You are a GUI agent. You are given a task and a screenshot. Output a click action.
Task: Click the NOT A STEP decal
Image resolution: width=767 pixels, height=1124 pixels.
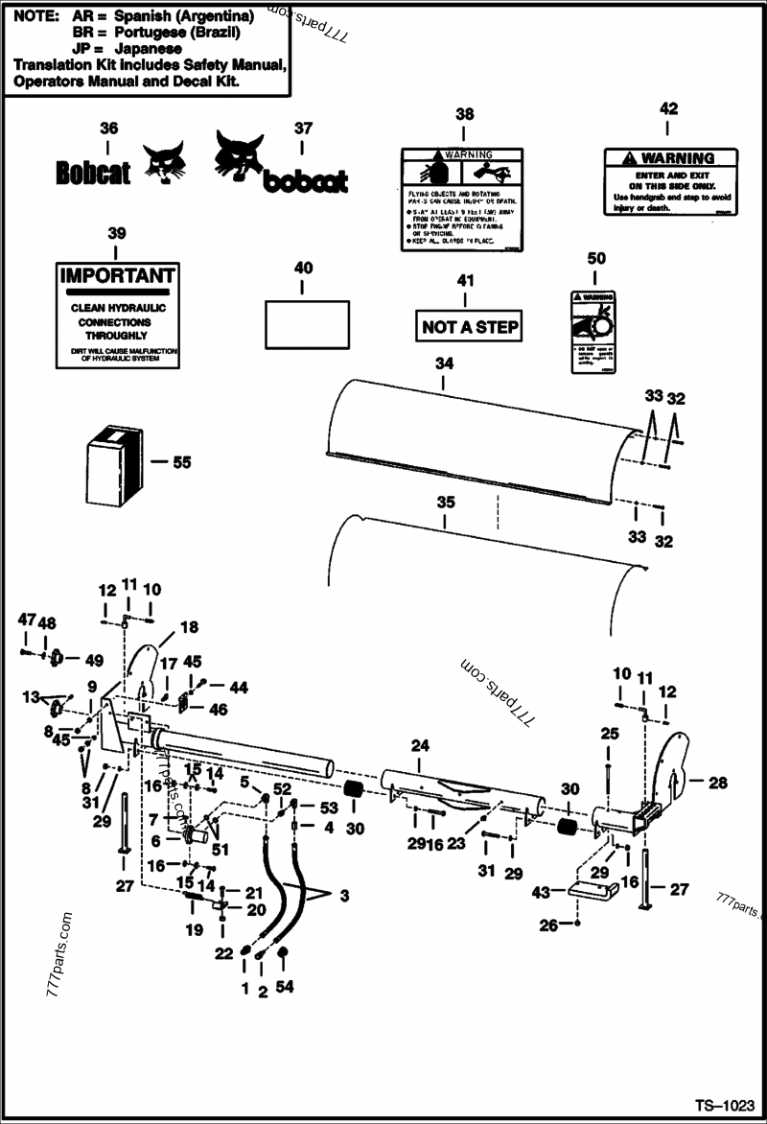[x=470, y=327]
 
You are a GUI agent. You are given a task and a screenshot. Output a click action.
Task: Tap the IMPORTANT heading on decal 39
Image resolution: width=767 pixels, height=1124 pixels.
[x=117, y=276]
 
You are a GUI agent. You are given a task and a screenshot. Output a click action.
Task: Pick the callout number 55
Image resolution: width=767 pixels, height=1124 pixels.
[x=180, y=462]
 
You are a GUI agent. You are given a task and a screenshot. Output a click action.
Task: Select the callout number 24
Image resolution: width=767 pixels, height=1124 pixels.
[x=418, y=744]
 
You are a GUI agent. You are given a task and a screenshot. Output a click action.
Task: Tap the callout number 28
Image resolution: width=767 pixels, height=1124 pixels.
[x=717, y=783]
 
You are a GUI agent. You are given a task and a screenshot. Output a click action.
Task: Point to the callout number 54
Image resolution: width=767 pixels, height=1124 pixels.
[x=285, y=987]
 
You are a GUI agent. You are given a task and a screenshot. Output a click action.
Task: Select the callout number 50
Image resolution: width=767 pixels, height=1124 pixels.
[x=596, y=258]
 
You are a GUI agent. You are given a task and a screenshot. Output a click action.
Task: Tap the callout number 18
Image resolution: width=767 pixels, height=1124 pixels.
[x=189, y=627]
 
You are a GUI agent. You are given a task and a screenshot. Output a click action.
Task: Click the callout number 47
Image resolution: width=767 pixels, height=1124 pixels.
[x=26, y=621]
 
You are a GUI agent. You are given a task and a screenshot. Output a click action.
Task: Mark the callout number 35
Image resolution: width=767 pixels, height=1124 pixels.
[x=446, y=502]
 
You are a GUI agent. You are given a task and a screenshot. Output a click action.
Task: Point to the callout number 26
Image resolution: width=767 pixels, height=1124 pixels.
[x=549, y=925]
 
